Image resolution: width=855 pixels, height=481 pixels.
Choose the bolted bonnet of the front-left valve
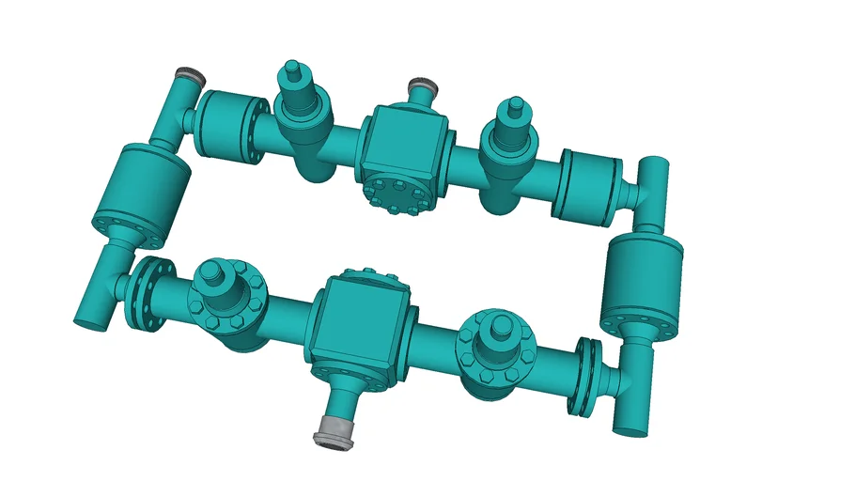[228, 303]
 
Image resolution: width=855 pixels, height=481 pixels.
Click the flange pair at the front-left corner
[148, 295]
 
